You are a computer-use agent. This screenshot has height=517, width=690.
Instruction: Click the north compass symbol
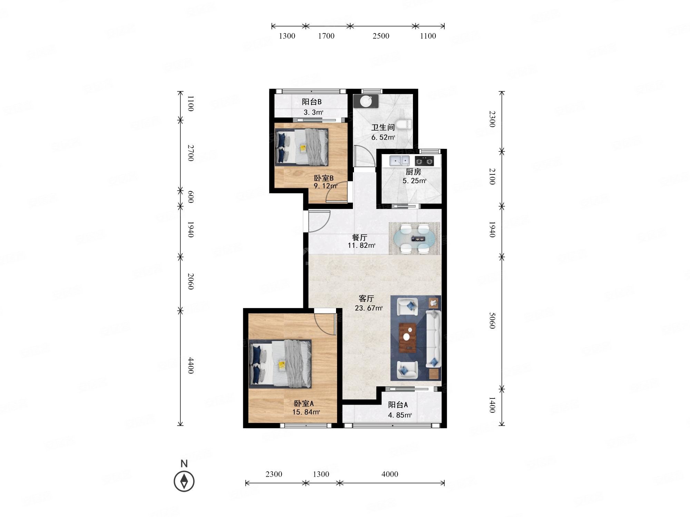184,481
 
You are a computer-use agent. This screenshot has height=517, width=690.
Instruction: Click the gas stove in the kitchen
424,161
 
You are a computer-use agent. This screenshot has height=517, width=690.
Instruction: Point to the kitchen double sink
400,161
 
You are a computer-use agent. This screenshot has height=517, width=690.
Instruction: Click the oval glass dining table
414,239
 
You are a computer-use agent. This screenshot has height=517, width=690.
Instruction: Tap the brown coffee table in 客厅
408,337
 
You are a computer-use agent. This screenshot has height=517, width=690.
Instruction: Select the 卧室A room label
304,403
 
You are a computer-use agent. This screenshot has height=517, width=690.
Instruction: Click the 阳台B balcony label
312,102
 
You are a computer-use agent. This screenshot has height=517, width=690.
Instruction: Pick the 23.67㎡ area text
369,308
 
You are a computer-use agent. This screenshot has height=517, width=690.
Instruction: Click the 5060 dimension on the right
492,321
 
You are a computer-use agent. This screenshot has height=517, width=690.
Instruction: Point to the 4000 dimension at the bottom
390,474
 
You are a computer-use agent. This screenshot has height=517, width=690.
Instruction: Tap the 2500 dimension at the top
381,36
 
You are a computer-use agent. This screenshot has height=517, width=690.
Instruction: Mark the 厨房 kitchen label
413,172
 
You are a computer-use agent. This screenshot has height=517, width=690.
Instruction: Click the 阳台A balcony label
398,405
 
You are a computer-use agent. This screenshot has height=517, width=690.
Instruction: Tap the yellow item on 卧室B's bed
303,148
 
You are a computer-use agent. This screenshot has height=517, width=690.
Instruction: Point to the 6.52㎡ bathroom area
383,137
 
